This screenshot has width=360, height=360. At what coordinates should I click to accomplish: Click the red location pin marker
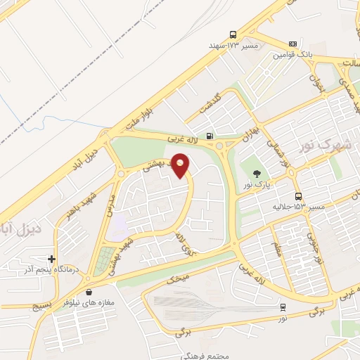181,166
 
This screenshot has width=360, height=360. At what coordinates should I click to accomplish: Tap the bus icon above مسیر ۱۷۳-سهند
233,34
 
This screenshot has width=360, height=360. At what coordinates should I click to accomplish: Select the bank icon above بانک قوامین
292,43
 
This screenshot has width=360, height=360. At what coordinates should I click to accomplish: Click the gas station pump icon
210,136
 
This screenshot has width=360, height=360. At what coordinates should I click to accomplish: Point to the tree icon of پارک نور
255,173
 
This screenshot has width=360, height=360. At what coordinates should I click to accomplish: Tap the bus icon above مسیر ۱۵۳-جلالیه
299,196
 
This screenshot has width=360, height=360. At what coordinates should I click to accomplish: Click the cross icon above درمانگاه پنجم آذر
51,259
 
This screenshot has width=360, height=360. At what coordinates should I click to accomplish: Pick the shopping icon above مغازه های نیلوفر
89,292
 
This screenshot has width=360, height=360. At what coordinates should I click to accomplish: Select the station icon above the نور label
283,307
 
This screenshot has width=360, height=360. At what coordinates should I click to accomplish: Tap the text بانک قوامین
292,54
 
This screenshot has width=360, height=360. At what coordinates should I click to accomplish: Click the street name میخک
179,278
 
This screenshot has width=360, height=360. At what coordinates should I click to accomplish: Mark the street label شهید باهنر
79,208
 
